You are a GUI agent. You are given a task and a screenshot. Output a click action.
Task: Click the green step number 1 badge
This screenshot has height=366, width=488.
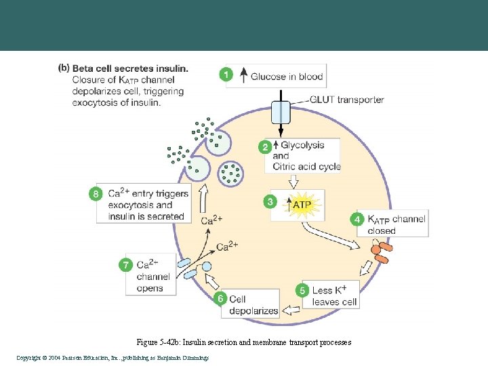coord(226,75)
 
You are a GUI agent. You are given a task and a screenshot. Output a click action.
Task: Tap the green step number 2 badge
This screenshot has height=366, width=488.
coord(266,146)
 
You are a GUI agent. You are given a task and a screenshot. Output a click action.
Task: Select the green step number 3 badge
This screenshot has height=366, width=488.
coord(270,201)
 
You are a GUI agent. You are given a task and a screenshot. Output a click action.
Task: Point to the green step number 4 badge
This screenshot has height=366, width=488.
coord(357,219)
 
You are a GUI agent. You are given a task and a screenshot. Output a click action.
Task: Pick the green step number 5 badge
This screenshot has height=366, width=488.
coord(303,290)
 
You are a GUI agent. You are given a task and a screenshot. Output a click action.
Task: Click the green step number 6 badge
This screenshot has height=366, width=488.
coord(220,298)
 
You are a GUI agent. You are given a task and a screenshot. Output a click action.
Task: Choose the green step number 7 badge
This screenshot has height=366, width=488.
coord(125,265)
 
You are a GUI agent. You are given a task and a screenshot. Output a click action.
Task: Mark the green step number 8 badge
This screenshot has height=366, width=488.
coord(97,194)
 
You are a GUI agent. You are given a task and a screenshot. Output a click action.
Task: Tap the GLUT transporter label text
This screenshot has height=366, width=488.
coord(346,100)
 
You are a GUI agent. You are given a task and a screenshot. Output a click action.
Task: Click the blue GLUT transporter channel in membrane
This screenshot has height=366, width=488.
coord(281,112)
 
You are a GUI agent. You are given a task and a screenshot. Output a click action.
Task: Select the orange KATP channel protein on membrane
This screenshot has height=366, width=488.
coord(380,253)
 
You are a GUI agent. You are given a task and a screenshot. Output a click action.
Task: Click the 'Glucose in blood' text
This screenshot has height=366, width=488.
coord(286,76)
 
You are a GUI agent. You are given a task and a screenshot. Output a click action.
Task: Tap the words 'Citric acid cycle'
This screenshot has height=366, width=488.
coord(306,167)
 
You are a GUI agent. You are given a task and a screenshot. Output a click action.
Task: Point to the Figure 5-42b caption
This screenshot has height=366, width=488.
coord(243,342)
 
